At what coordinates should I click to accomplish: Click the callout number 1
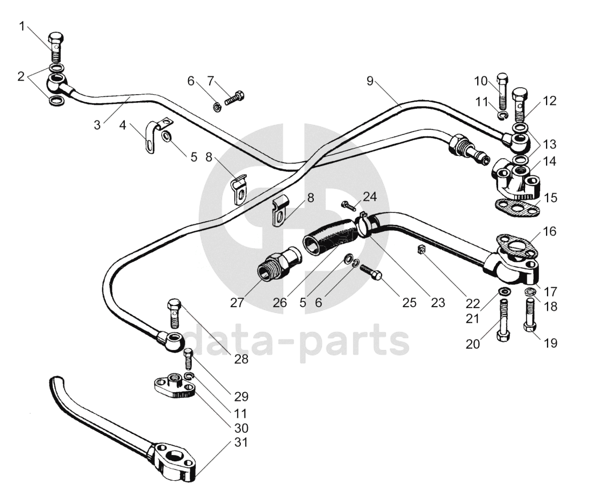pos(22,26)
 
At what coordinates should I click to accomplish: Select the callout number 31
pos(241,443)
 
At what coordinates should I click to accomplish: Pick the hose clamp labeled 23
pos(362,223)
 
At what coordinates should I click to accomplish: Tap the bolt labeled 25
pos(371,271)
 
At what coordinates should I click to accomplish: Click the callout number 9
pos(370,81)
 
